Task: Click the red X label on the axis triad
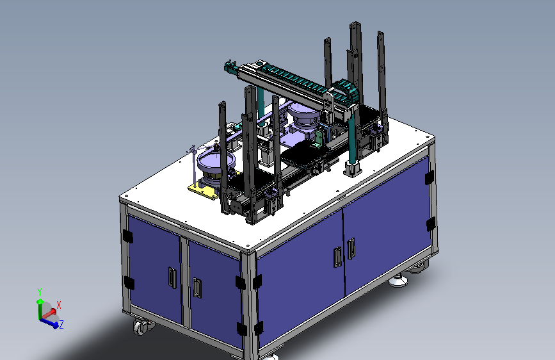[x=59, y=305]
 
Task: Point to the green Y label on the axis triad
[x=40, y=292]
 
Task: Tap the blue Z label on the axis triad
[x=61, y=324]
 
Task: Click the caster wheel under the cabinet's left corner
[x=141, y=327]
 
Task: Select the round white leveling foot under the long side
[x=398, y=281]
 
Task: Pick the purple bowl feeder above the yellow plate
[x=215, y=162]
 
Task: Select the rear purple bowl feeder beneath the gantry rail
[x=303, y=114]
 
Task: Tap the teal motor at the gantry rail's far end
[x=230, y=67]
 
